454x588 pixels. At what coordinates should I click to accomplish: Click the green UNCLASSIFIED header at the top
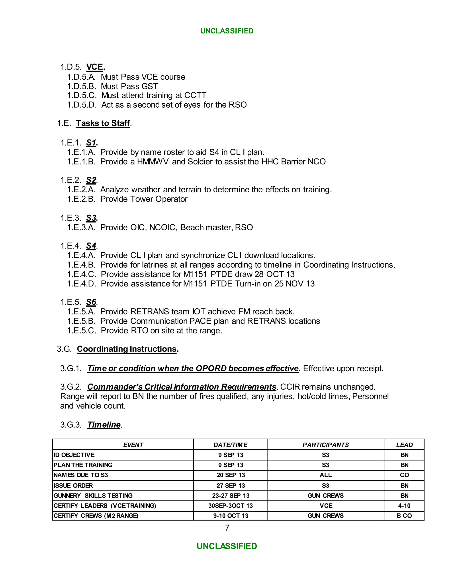227,31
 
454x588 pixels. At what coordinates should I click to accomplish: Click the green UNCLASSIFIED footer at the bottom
227,546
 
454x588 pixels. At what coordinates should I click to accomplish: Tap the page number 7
227,528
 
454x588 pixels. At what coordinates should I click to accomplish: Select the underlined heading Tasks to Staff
103,123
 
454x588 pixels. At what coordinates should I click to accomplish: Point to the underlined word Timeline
104,424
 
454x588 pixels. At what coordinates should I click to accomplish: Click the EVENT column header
133,445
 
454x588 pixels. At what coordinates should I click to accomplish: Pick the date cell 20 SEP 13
231,475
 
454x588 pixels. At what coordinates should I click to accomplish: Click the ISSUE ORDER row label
73,485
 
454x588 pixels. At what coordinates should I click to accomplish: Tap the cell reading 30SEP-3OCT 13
231,506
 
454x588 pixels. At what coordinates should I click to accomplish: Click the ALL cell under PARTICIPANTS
325,475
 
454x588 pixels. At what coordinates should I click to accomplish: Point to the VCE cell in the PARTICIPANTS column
326,506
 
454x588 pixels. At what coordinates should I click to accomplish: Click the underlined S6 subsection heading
91,302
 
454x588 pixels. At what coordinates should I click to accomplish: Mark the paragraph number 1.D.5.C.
82,95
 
